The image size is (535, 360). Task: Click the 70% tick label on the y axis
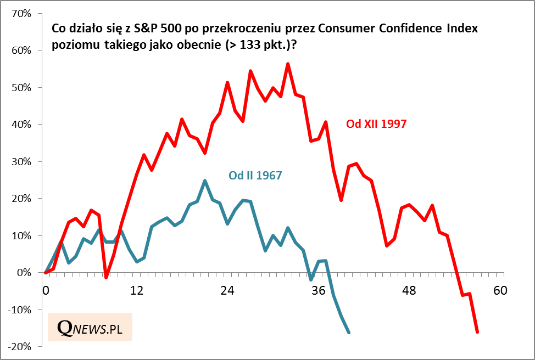22,13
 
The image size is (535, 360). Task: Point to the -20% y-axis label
20,346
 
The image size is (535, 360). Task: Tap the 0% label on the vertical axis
25,272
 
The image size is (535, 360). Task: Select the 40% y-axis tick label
22,124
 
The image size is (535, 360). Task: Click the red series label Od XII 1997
376,124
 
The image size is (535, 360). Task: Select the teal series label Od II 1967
255,176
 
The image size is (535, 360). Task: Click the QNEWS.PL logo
90,327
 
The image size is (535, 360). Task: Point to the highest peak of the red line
288,64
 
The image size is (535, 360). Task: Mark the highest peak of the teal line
204,181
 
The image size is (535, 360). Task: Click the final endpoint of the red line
477,332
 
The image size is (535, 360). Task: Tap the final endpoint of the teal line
349,332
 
